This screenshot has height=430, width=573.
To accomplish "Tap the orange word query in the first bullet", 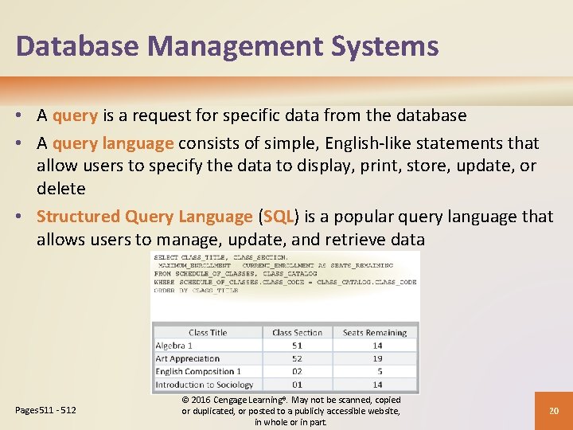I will click(x=75, y=116).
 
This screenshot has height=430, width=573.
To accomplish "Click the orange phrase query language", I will click(x=113, y=144).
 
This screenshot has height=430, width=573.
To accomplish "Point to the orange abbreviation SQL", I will click(x=279, y=217).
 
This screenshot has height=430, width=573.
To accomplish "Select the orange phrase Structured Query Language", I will click(x=144, y=217).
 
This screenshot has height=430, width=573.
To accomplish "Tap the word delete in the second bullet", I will click(x=60, y=189).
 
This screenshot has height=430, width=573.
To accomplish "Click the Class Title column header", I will click(x=208, y=333).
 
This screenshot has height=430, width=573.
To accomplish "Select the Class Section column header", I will click(x=297, y=333).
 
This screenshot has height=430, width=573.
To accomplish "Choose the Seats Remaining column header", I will click(x=375, y=333).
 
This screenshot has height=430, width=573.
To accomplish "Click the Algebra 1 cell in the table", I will click(x=174, y=346).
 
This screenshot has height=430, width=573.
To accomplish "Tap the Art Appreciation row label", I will click(x=189, y=358).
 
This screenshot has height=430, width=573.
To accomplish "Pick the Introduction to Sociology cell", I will click(x=204, y=385).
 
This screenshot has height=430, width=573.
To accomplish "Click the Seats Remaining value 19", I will click(x=377, y=358).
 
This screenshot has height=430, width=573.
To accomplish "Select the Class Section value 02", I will click(x=297, y=372).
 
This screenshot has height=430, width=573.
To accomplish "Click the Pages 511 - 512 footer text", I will click(x=45, y=410).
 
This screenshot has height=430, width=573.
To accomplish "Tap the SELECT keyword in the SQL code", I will click(x=166, y=257).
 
